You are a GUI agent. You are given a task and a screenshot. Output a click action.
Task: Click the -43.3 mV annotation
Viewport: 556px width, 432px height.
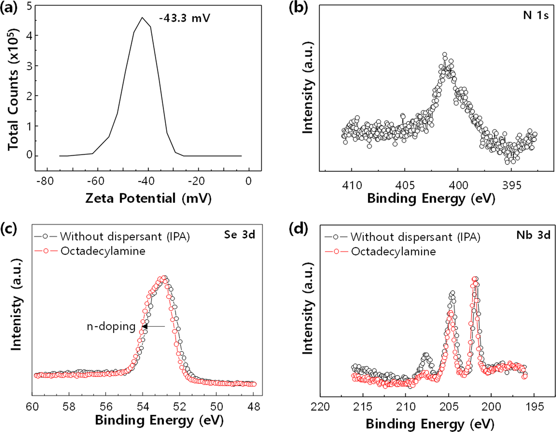185,18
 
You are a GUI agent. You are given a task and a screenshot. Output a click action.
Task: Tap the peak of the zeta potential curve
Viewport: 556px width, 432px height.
142,18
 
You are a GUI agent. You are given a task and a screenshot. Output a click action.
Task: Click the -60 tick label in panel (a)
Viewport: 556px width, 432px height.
96,181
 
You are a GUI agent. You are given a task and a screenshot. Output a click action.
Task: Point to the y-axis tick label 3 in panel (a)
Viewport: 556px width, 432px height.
30,66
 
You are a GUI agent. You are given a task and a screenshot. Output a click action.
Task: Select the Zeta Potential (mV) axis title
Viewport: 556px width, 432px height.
148,198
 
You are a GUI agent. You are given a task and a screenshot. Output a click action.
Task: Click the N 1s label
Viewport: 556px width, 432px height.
536,16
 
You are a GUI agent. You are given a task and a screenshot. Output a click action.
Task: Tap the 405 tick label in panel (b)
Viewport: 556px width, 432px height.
405,185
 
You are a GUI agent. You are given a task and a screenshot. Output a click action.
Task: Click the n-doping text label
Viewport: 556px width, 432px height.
111,326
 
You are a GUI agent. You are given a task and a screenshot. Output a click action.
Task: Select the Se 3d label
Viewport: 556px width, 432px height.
239,235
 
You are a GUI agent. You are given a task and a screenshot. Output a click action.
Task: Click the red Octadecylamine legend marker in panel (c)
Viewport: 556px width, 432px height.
45,251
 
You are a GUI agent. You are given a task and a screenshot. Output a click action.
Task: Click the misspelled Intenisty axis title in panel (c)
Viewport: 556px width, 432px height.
16,305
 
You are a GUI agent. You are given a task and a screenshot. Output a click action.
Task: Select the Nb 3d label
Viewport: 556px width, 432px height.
533,235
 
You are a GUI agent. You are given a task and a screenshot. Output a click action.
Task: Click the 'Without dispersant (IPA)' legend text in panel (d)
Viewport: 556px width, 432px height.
415,237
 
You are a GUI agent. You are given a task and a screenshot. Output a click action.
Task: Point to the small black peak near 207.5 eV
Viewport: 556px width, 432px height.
426,355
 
